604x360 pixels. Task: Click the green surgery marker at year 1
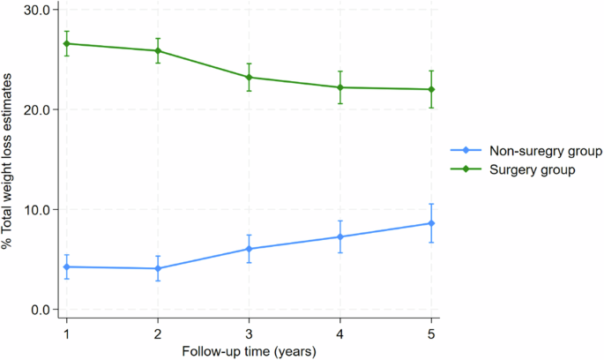(x=66, y=43)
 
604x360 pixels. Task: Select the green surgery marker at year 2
(x=158, y=50)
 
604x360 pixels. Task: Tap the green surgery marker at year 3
(x=249, y=77)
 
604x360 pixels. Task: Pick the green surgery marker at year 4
(x=340, y=87)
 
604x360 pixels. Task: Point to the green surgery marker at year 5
(x=431, y=89)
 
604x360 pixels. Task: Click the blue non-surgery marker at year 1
(x=66, y=266)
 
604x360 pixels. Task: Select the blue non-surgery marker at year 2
(x=158, y=268)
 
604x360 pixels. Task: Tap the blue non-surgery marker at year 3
(x=249, y=249)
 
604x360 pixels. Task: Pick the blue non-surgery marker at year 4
(x=340, y=236)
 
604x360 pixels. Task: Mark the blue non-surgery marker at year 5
(x=431, y=223)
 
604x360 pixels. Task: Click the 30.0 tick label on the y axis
(x=41, y=10)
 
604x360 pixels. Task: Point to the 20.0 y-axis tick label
(x=41, y=109)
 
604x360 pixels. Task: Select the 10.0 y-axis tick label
(x=41, y=209)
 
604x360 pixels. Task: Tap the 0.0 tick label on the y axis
(x=44, y=310)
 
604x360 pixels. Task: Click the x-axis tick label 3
(x=249, y=334)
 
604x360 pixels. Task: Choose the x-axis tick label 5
(x=431, y=334)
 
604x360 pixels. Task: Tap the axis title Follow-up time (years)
(x=249, y=351)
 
